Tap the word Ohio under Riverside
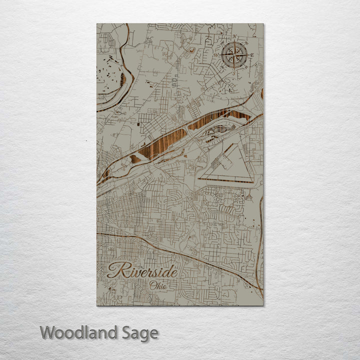[x=158, y=285]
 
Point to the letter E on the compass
[x=252, y=55]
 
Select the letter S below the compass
[x=233, y=72]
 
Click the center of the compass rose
[x=233, y=55]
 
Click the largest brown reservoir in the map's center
[x=162, y=143]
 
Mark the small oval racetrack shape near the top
[x=191, y=50]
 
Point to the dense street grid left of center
[x=125, y=210]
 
